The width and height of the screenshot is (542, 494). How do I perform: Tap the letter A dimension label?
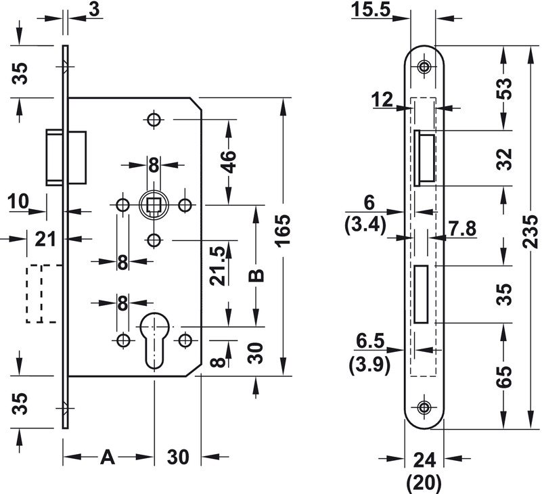(107, 457)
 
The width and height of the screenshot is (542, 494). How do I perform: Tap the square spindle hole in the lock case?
(154, 204)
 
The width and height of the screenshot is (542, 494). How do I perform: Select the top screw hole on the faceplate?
(424, 66)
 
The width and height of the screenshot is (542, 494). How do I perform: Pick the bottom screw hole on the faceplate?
(424, 407)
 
